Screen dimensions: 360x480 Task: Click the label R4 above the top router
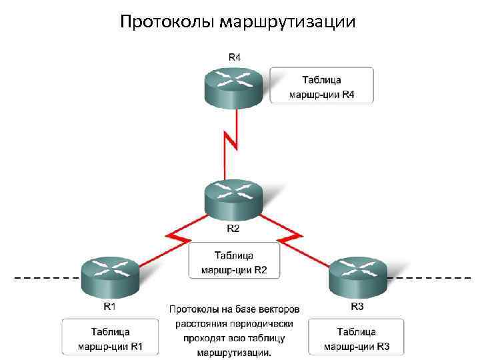pyautogui.click(x=235, y=57)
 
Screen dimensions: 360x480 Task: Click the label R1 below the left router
pyautogui.click(x=109, y=307)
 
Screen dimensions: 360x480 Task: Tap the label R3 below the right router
pyautogui.click(x=357, y=307)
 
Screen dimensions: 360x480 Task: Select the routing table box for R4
pyautogui.click(x=321, y=85)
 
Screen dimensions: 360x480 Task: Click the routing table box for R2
pyautogui.click(x=233, y=261)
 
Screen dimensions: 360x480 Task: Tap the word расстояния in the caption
pyautogui.click(x=197, y=324)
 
